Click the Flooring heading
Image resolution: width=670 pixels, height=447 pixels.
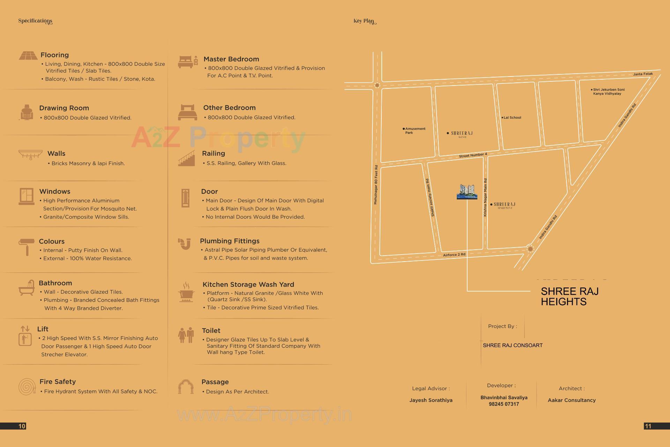pyautogui.click(x=54, y=55)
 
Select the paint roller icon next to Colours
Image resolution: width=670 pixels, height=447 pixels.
pyautogui.click(x=27, y=247)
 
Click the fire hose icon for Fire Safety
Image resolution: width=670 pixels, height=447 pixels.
pyautogui.click(x=27, y=387)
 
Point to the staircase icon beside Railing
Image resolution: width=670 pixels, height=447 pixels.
pyautogui.click(x=187, y=158)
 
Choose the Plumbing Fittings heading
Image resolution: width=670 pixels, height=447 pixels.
pyautogui.click(x=230, y=241)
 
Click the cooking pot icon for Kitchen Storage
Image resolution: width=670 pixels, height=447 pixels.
pyautogui.click(x=186, y=292)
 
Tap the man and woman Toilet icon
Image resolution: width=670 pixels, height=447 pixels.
pyautogui.click(x=186, y=335)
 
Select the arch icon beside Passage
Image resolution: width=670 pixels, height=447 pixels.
pyautogui.click(x=186, y=387)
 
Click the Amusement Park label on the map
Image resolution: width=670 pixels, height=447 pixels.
pyautogui.click(x=415, y=131)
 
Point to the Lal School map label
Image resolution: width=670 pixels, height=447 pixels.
pyautogui.click(x=512, y=118)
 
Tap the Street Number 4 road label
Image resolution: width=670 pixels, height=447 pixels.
pyautogui.click(x=473, y=155)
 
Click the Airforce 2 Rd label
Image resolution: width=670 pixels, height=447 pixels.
pyautogui.click(x=454, y=255)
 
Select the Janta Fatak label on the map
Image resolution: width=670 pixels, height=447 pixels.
pyautogui.click(x=643, y=74)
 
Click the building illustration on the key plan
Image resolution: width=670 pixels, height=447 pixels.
pyautogui.click(x=467, y=192)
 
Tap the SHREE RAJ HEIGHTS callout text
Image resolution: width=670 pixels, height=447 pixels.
pyautogui.click(x=569, y=296)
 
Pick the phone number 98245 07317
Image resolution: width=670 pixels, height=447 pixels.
pyautogui.click(x=504, y=404)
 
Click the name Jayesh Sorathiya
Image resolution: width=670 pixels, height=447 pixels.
pyautogui.click(x=431, y=400)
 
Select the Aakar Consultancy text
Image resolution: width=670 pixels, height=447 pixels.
pyautogui.click(x=572, y=400)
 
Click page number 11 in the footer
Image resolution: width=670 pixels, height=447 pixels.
pyautogui.click(x=648, y=426)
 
